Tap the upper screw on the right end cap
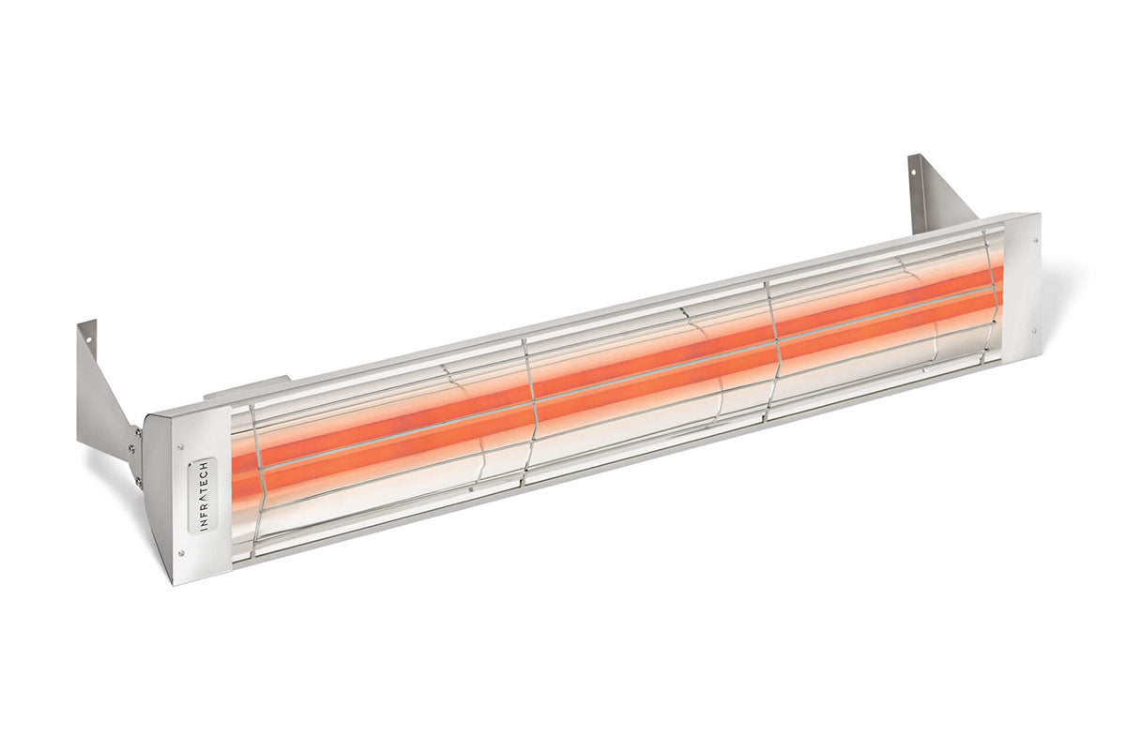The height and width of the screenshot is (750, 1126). pos(1028,232)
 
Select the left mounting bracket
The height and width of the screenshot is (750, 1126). pos(103,394)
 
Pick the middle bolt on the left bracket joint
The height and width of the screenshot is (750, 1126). pos(139,458)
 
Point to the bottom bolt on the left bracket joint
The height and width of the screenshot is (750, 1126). pos(139,483)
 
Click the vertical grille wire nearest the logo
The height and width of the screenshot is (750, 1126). pos(255,478)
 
